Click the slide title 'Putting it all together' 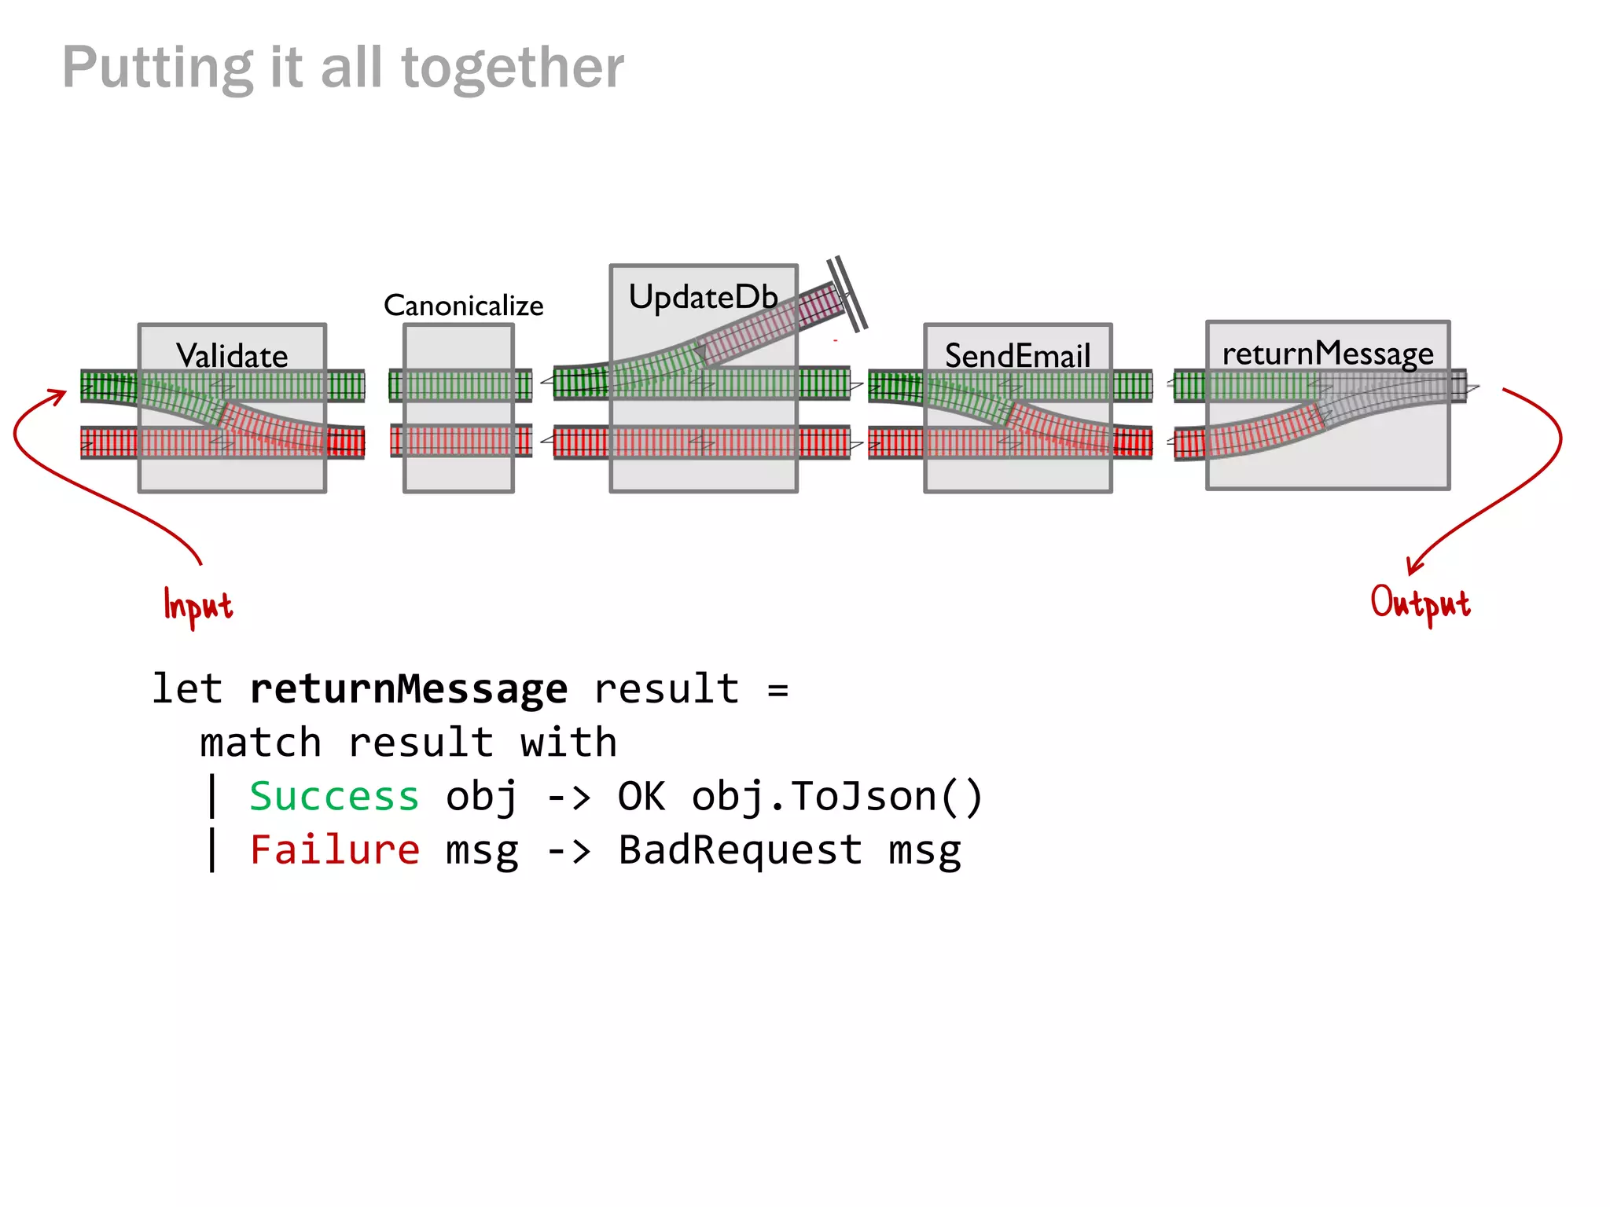click(343, 68)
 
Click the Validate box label click(232, 356)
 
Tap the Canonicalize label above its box click(463, 306)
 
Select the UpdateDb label click(703, 298)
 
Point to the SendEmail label click(1017, 356)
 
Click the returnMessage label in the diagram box click(1328, 354)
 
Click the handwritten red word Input click(197, 606)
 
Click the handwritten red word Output click(1420, 603)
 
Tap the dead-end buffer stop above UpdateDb click(847, 293)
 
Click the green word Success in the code click(334, 797)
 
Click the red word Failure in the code click(334, 850)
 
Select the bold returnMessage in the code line click(408, 689)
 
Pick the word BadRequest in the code click(740, 850)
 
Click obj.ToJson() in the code click(837, 797)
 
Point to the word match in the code click(260, 743)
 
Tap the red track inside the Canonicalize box click(459, 441)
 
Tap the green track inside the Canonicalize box click(459, 386)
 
